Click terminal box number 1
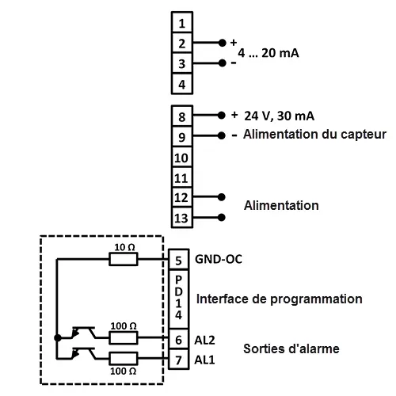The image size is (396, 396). click(x=182, y=22)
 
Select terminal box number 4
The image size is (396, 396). click(x=182, y=83)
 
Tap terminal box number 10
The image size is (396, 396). click(x=181, y=157)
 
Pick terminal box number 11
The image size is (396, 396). click(x=181, y=177)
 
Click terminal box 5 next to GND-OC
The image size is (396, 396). click(x=178, y=260)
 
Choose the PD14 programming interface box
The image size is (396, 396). click(x=178, y=299)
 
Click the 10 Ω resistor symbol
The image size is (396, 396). click(x=124, y=259)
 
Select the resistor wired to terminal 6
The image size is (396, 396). click(x=124, y=337)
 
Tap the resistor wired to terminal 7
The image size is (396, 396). click(x=124, y=358)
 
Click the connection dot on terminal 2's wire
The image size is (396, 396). click(x=223, y=43)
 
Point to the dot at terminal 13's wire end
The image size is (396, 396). click(x=222, y=217)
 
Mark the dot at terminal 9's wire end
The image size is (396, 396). click(x=222, y=135)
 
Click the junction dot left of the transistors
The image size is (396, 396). click(x=58, y=337)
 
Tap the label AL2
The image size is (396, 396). click(x=204, y=340)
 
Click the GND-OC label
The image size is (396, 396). click(x=219, y=259)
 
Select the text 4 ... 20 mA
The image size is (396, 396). click(x=268, y=53)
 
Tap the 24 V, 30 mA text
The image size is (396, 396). click(x=279, y=116)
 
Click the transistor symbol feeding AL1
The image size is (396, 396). click(x=84, y=354)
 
